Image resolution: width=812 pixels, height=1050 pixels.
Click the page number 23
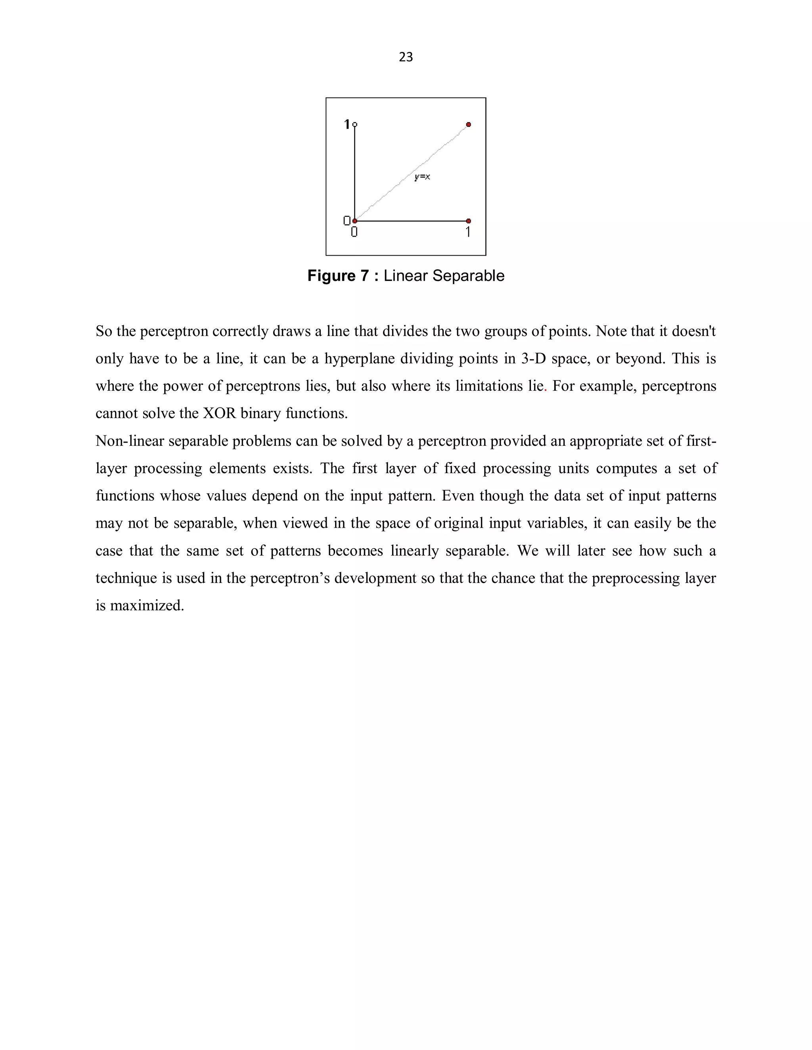[406, 57]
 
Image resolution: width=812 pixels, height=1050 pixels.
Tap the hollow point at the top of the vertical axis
[355, 124]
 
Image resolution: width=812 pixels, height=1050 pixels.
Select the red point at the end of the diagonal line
[469, 124]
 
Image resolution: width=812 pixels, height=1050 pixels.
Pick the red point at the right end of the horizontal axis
[469, 221]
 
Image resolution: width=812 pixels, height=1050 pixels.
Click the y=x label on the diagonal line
[422, 177]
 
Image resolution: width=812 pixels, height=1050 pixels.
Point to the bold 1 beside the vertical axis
[347, 124]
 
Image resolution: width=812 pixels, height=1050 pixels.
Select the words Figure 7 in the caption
[338, 276]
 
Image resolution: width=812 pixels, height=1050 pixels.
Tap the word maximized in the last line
[147, 605]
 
